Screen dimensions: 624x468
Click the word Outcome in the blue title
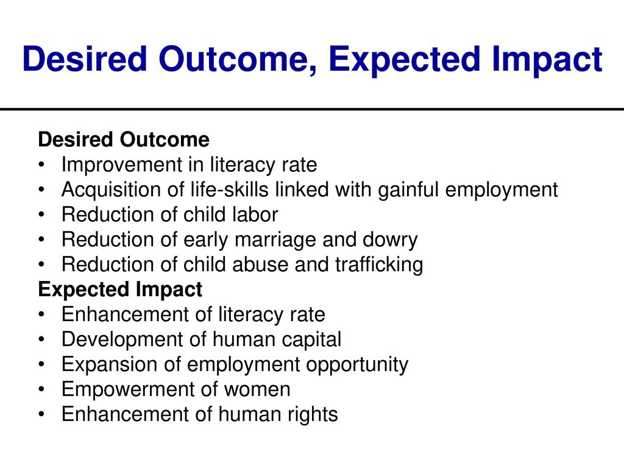pyautogui.click(x=238, y=59)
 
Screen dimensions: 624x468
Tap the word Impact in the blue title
pyautogui.click(x=547, y=60)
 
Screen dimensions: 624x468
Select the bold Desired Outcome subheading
pyautogui.click(x=124, y=140)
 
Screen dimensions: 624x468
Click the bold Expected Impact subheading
pyautogui.click(x=120, y=289)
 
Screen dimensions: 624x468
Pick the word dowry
pyautogui.click(x=390, y=240)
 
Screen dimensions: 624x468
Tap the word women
pyautogui.click(x=257, y=389)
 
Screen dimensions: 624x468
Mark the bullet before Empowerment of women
pyautogui.click(x=41, y=389)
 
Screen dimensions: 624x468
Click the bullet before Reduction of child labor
pyautogui.click(x=41, y=214)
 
